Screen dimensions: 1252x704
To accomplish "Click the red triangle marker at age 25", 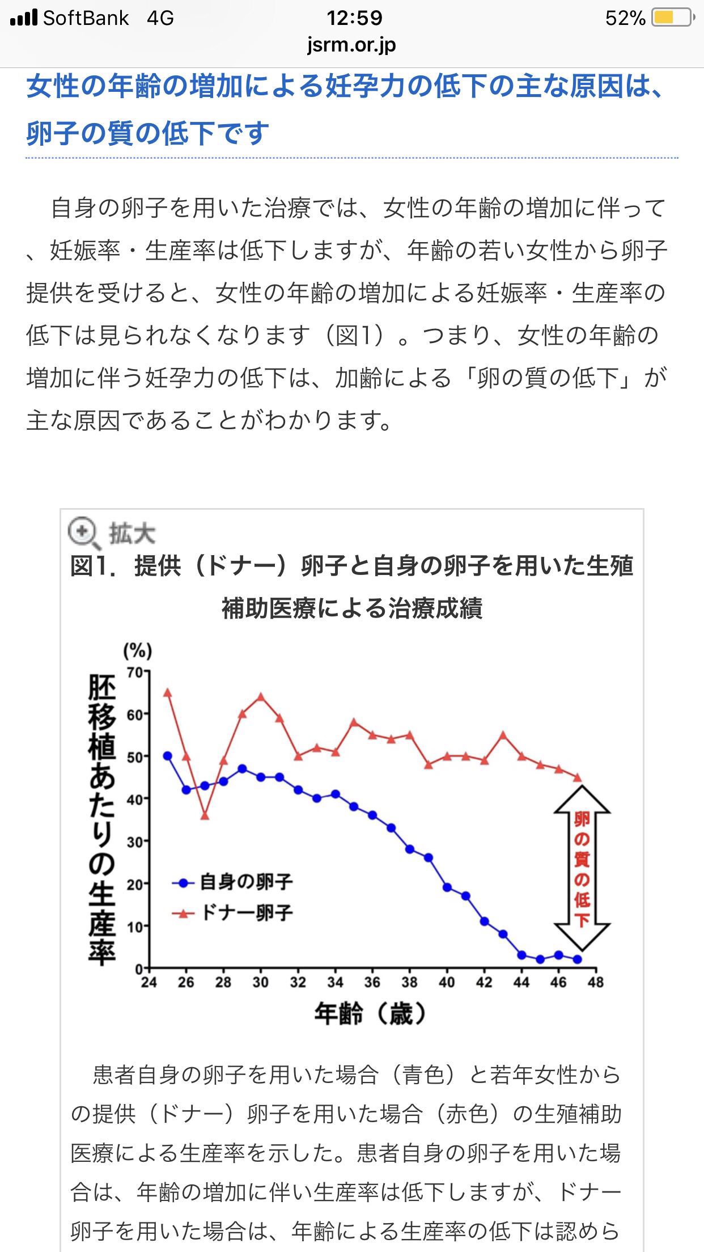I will [x=167, y=692].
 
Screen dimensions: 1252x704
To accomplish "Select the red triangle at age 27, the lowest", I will [x=205, y=815].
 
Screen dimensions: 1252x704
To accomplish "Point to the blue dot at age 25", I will [x=167, y=756].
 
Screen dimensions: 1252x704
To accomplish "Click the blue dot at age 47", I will [x=577, y=959].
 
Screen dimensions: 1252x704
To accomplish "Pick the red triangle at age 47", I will [x=577, y=777].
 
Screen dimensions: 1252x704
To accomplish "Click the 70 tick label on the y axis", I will [x=135, y=672].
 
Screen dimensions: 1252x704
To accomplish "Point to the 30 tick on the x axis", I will [x=260, y=982].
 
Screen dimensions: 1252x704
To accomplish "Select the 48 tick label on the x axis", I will [x=596, y=982].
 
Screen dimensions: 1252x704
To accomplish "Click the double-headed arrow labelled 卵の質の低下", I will [x=582, y=868].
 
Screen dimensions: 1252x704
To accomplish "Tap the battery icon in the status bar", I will [x=672, y=18].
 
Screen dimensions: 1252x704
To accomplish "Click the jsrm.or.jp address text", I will [x=351, y=44].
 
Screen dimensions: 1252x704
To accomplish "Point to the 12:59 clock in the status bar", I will [x=354, y=18].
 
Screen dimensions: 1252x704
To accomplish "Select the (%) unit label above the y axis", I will [x=138, y=650].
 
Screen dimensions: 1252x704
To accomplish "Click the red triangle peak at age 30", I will [x=261, y=696].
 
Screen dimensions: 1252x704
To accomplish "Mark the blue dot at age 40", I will [x=447, y=887].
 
